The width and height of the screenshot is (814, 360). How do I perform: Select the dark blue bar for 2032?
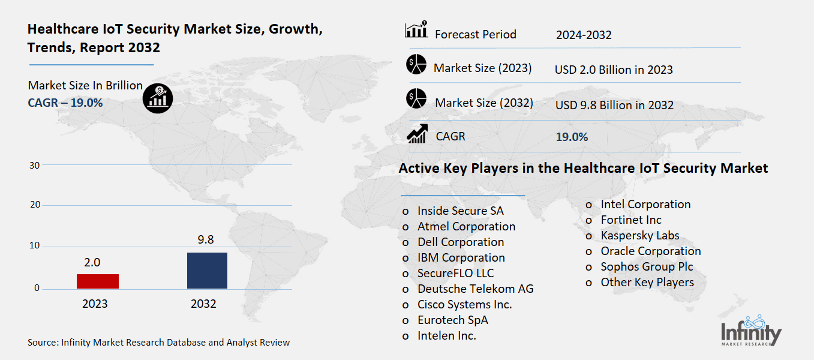pos(207,270)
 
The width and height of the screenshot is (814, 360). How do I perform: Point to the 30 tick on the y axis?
pos(35,166)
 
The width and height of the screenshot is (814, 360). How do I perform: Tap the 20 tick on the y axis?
pos(35,205)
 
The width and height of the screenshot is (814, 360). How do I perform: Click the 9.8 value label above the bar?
pos(206,240)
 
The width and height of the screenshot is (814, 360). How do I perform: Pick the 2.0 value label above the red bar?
pos(92,262)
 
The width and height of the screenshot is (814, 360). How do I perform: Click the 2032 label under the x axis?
pos(203,304)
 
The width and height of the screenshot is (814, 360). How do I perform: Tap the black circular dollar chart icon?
pos(158,98)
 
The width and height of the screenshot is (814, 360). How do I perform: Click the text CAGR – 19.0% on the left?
pos(65,103)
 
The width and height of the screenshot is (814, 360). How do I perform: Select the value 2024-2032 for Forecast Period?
pos(584,35)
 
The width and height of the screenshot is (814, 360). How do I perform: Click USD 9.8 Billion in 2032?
pos(614,105)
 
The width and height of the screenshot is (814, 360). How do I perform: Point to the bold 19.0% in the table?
pos(572,137)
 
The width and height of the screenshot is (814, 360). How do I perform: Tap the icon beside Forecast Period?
pos(416,29)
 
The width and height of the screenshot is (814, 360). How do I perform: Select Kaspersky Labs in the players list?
pos(639,235)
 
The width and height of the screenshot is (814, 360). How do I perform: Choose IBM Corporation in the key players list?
pos(461,257)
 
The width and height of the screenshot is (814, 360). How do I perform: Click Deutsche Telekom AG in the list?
pos(475,289)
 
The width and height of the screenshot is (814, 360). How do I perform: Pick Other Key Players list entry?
pos(647,282)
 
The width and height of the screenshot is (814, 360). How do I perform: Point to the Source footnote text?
pos(158,343)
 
